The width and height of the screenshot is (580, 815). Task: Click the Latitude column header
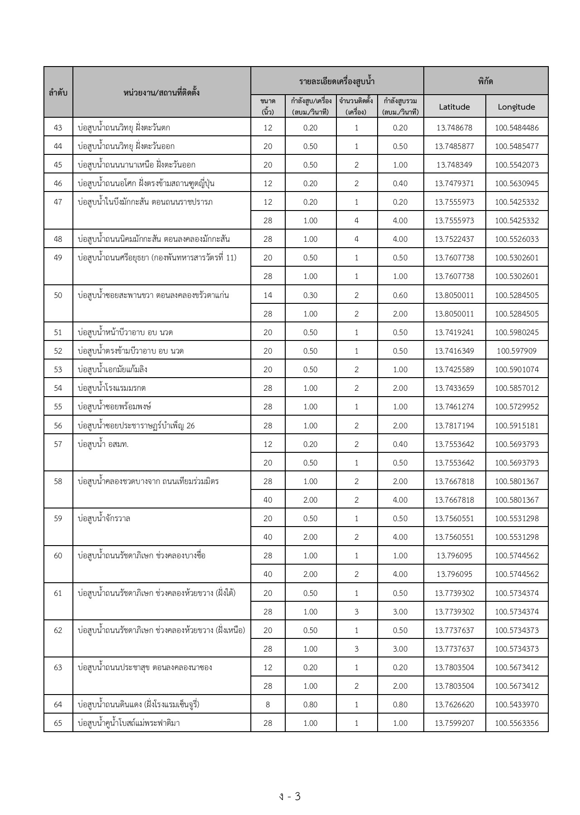tap(454, 107)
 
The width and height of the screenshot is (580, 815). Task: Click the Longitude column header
tap(516, 107)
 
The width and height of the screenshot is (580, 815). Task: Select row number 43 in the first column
tap(58, 128)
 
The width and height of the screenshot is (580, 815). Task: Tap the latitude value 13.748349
tap(454, 165)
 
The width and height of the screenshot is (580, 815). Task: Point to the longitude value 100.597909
tap(517, 351)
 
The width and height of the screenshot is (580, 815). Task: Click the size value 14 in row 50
tap(268, 295)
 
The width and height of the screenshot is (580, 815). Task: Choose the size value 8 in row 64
tap(268, 705)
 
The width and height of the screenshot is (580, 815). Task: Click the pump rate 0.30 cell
tap(310, 295)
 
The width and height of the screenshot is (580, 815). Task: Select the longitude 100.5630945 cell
tap(517, 183)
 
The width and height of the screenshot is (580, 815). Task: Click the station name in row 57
tap(103, 444)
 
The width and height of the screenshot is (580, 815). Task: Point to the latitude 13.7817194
tap(454, 426)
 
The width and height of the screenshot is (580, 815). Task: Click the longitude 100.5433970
tap(517, 705)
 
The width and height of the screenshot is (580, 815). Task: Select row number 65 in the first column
tap(58, 723)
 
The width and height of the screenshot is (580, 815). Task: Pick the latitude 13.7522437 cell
tap(454, 239)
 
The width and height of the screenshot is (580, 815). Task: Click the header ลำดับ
tap(58, 92)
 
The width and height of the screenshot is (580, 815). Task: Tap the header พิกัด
tap(485, 81)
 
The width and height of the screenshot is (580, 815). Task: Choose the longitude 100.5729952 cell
tap(517, 407)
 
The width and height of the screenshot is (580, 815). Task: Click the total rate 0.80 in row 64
tap(400, 705)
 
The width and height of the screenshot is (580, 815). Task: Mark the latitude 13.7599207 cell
tap(454, 723)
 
